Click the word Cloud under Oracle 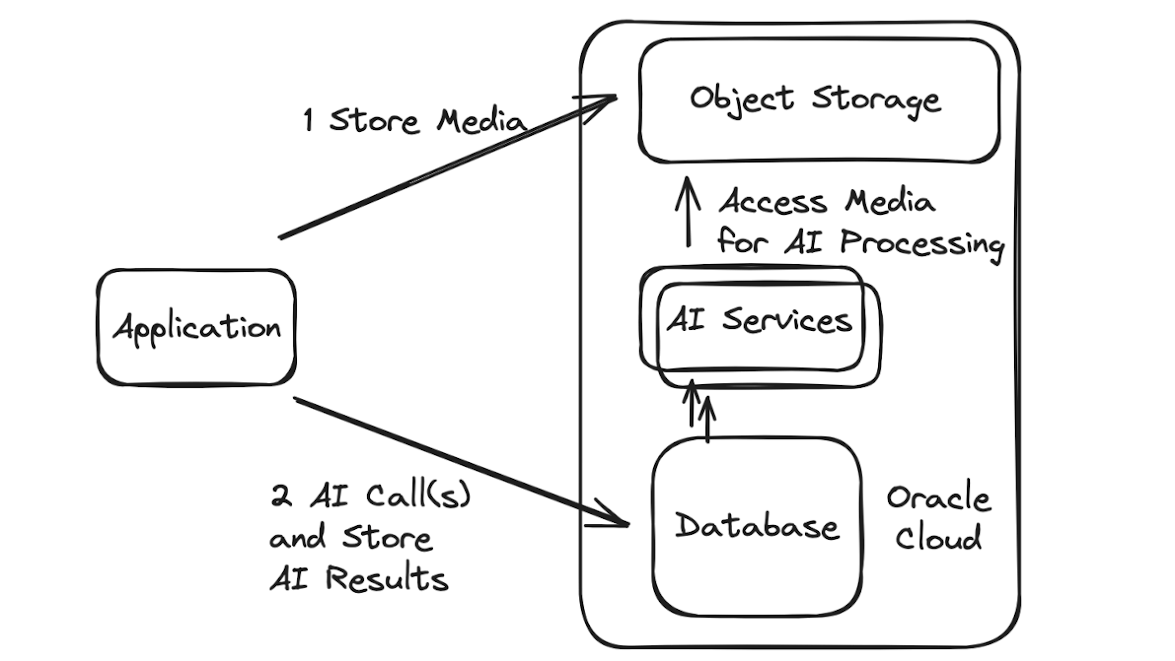point(938,537)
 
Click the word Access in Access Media point(773,202)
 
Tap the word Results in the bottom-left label point(387,579)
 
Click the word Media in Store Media point(481,122)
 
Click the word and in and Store point(297,538)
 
